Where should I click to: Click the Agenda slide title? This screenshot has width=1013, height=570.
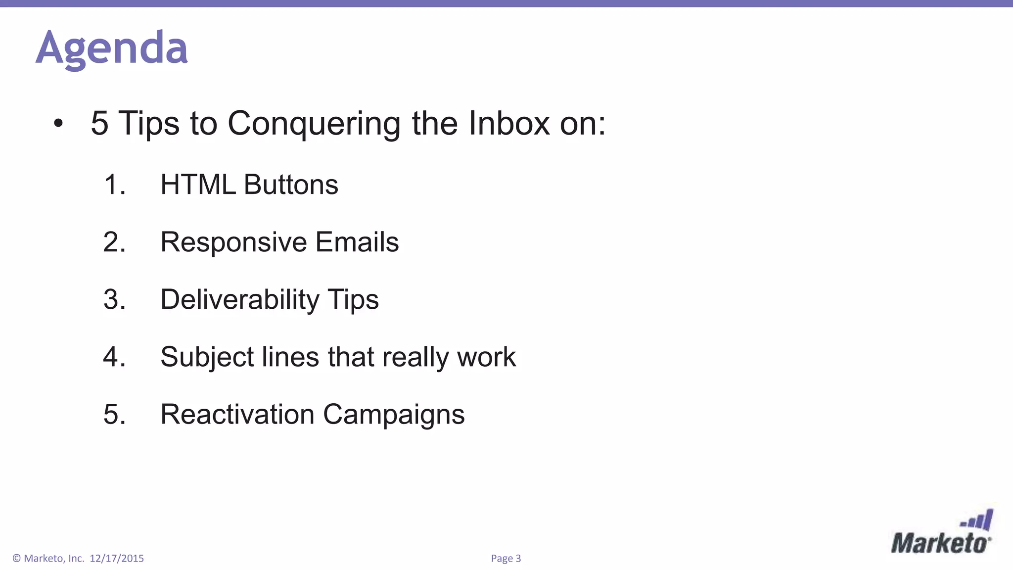click(x=112, y=48)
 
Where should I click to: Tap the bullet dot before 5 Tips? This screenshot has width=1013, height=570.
click(x=58, y=124)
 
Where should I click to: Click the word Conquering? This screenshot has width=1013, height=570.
click(x=314, y=124)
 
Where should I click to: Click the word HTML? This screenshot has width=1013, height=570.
click(x=198, y=185)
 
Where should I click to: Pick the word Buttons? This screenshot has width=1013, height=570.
click(x=291, y=185)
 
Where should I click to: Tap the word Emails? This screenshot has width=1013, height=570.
click(x=357, y=242)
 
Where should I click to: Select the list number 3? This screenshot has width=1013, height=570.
click(x=114, y=299)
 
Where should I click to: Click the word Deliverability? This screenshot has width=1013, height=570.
click(x=240, y=300)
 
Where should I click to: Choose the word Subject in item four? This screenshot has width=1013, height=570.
click(x=207, y=357)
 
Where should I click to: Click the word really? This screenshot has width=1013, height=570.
click(x=414, y=357)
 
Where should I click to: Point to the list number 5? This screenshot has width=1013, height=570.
click(x=114, y=414)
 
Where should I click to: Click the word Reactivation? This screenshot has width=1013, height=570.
click(x=237, y=414)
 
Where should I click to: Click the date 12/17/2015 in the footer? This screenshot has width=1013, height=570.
click(x=117, y=559)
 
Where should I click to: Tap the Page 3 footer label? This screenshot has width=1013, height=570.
click(x=506, y=559)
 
